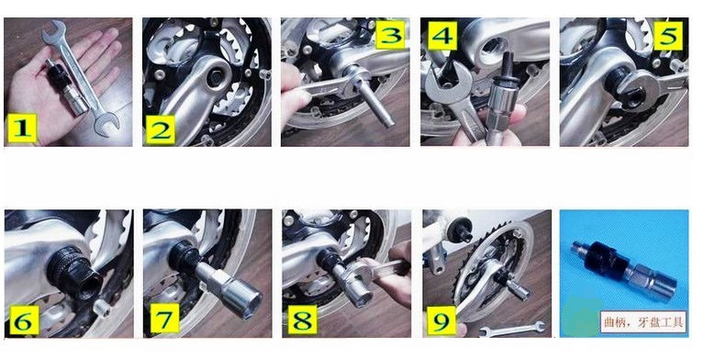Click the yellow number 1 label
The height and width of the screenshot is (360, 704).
point(22,129)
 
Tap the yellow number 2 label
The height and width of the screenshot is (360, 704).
point(161,129)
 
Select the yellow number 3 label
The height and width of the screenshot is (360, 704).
point(390,35)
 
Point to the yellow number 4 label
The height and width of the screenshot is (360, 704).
point(442,36)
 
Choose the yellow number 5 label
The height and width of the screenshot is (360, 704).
point(668,36)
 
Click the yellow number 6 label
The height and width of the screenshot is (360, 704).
point(24,320)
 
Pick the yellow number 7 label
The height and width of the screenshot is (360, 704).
point(164,319)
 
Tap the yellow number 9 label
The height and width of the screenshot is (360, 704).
point(441,321)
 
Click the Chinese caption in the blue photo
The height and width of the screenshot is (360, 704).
point(643,321)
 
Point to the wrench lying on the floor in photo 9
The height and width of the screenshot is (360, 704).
point(512,330)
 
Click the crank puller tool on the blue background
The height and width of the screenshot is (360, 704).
point(624,270)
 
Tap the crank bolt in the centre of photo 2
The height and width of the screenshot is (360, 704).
point(217,77)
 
